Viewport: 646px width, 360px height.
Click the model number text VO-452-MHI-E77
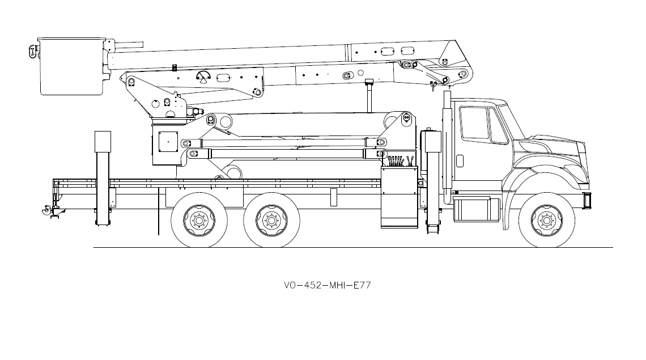coord(327,285)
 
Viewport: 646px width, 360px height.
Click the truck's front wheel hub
coord(546,220)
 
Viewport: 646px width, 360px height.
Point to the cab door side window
coord(474,122)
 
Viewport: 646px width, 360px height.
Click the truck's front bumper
coord(587,200)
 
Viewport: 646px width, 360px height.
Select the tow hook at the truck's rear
coord(44,212)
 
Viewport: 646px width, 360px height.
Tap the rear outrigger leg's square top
coord(103,141)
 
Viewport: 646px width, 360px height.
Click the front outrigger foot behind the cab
coord(433,228)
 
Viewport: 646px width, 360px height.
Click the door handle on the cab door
coord(459,160)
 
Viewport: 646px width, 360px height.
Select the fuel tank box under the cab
coord(476,209)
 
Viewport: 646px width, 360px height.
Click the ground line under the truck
coord(351,248)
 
